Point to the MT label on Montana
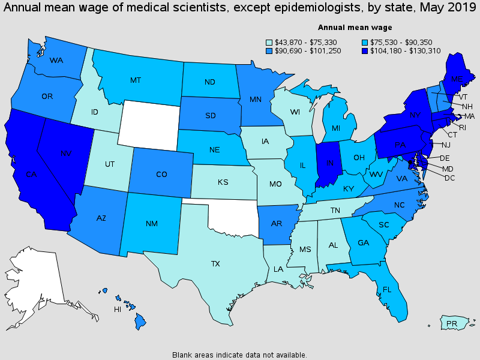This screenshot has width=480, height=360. click(136, 80)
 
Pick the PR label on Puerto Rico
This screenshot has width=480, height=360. click(452, 324)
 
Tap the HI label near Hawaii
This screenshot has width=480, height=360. click(118, 310)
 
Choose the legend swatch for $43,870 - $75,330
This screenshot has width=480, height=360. click(270, 42)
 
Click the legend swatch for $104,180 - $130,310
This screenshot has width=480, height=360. click(365, 51)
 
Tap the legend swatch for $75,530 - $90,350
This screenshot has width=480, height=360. click(365, 42)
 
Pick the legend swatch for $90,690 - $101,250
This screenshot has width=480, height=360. click(270, 51)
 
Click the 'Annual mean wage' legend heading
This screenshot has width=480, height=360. click(355, 27)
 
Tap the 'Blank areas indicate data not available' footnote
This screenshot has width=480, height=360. click(239, 355)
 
